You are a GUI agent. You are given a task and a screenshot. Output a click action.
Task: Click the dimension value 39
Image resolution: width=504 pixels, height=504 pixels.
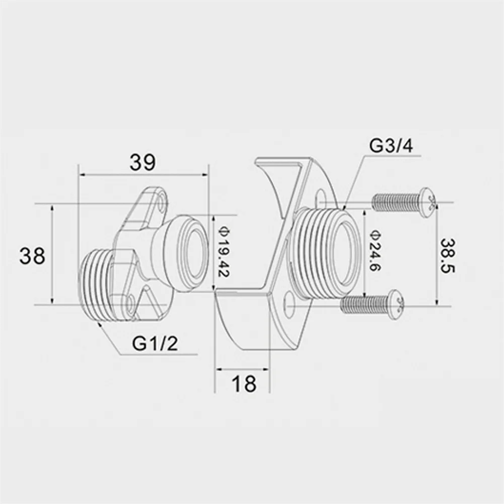coord(142,162)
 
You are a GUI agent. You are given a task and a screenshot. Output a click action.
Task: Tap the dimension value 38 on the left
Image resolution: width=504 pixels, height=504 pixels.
coord(32,256)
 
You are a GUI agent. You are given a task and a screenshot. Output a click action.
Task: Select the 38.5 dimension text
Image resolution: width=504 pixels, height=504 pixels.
coord(448,256)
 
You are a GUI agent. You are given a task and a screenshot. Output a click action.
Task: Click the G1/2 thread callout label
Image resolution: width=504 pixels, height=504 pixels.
coord(155,343)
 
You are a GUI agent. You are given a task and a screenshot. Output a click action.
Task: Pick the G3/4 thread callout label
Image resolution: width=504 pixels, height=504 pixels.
coord(391,146)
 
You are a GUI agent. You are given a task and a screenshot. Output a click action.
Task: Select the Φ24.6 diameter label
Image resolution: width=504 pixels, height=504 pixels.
coord(375,251)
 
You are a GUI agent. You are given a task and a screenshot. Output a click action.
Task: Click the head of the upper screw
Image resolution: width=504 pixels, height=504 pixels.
coord(428,203)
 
